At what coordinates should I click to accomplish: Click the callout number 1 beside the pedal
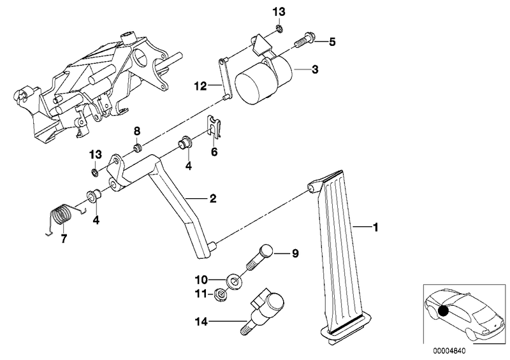[375, 227]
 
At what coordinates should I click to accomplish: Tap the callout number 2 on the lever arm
[212, 198]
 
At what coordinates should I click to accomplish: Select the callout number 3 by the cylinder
[315, 69]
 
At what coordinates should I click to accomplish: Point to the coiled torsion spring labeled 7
[62, 217]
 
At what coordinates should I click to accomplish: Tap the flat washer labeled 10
[233, 281]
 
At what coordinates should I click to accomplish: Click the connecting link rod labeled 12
[226, 78]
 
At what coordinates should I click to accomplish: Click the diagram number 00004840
[449, 351]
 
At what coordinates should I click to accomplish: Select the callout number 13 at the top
[279, 12]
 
